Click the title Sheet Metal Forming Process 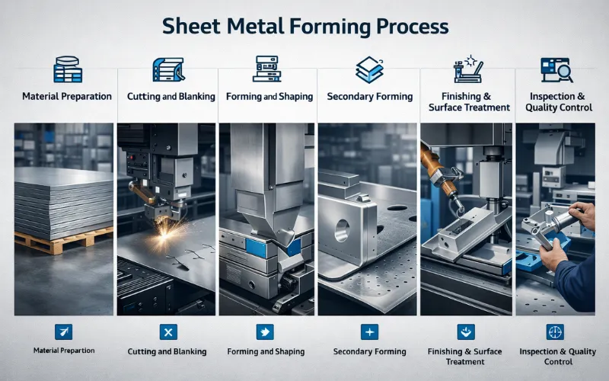pyautogui.click(x=304, y=27)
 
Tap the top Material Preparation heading pyautogui.click(x=67, y=97)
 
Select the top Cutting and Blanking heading pyautogui.click(x=167, y=97)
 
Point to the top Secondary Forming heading pyautogui.click(x=369, y=97)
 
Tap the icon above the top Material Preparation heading pyautogui.click(x=67, y=69)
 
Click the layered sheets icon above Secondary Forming pyautogui.click(x=369, y=69)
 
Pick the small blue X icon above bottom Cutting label pyautogui.click(x=167, y=331)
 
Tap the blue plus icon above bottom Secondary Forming pyautogui.click(x=369, y=331)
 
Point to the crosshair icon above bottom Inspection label pyautogui.click(x=556, y=331)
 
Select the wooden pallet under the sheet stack pyautogui.click(x=53, y=242)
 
